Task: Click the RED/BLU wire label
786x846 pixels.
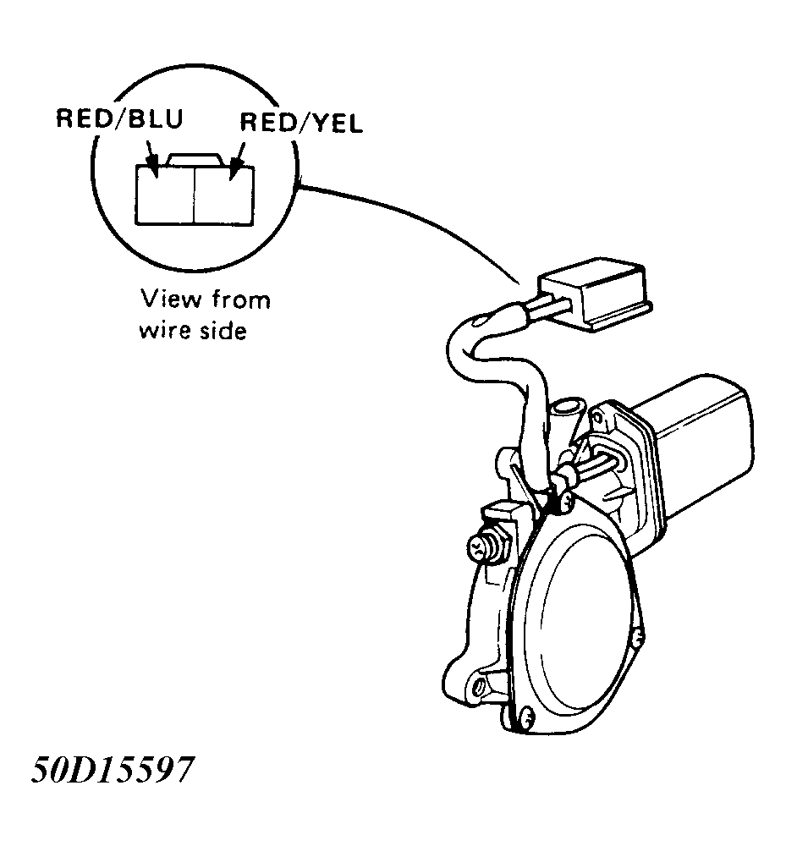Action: (x=120, y=118)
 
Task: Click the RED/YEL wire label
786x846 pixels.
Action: (x=301, y=123)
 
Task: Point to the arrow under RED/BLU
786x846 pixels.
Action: (x=151, y=159)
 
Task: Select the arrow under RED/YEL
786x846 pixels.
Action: (x=237, y=161)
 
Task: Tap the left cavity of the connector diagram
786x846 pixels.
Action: (x=164, y=195)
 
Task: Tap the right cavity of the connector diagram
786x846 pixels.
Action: (x=223, y=195)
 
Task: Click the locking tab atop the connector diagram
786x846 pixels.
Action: (x=195, y=159)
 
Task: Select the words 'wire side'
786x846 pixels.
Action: (x=193, y=330)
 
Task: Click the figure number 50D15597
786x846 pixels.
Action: (x=112, y=769)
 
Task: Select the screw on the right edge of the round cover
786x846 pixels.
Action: (x=638, y=639)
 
